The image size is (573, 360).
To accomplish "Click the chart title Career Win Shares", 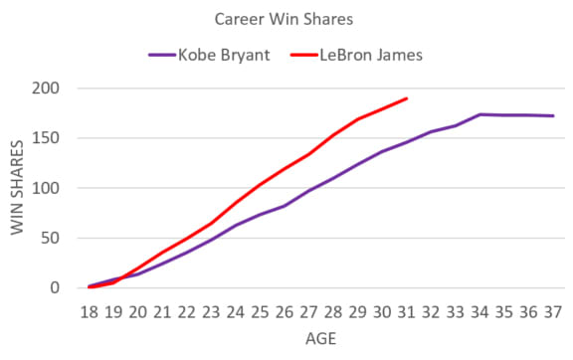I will coord(286,19).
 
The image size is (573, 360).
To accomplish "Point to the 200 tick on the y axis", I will coord(47,89).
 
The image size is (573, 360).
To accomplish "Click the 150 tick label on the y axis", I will coord(47,138).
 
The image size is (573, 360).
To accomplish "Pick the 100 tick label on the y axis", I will coord(47,188).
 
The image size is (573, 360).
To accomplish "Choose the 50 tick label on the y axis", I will coord(51,238).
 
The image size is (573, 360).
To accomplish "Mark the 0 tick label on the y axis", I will coord(56,288).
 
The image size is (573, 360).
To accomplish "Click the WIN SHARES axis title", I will coord(17,189).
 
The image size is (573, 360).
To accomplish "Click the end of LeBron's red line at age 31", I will coord(407,98).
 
